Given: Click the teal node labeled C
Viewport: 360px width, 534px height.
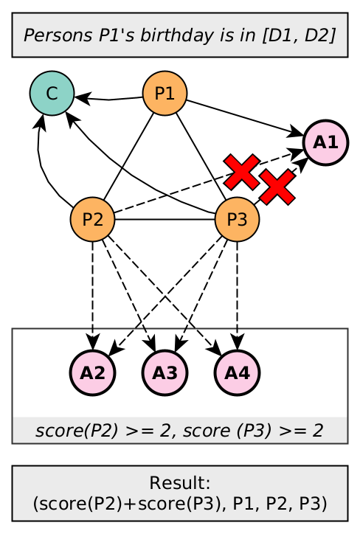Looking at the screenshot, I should tap(51, 93).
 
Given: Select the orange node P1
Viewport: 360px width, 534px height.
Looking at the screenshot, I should tap(165, 93).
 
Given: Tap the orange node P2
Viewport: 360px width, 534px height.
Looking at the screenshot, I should tap(92, 220).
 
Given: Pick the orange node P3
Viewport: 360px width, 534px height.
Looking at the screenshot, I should tap(237, 220).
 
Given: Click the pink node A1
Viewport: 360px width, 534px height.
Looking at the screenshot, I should tap(325, 142).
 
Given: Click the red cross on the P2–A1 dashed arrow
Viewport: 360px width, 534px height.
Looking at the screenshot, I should tap(242, 173).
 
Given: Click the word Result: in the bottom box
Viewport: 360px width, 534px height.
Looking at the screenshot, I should tap(179, 484).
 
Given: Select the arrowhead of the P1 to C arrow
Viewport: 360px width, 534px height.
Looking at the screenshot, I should tap(81, 97).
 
